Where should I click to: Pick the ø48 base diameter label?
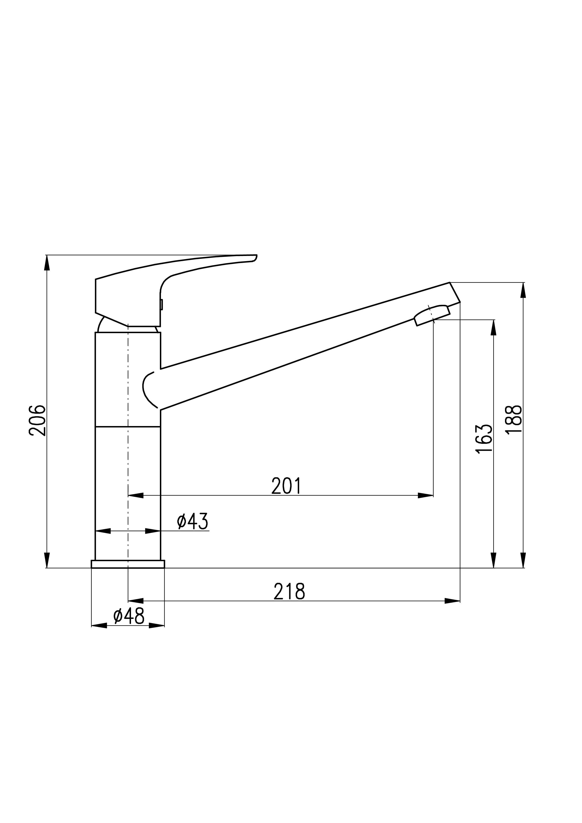(129, 616)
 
